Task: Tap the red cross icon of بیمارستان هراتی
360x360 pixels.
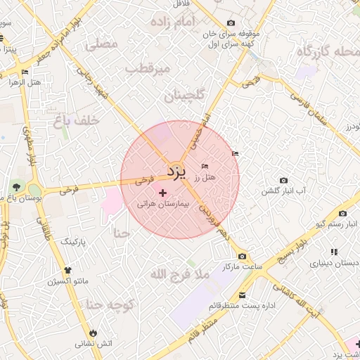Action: [x=163, y=193]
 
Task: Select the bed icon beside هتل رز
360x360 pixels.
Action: [x=205, y=166]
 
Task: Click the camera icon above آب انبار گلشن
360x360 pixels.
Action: [x=284, y=181]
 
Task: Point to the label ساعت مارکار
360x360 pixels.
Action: [x=243, y=268]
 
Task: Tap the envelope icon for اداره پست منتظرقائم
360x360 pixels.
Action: [x=242, y=295]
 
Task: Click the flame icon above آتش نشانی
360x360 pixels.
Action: [x=94, y=332]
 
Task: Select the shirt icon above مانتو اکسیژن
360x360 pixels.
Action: [x=67, y=270]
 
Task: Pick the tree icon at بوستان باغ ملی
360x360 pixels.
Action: [x=16, y=187]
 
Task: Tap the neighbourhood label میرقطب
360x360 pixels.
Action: [x=148, y=68]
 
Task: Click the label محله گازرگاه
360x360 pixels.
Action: [x=326, y=52]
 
